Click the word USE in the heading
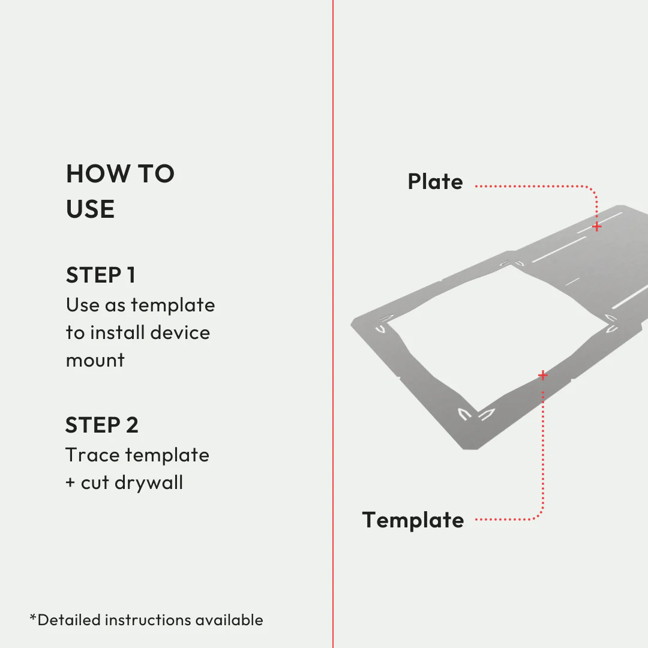(x=91, y=209)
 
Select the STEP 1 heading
(x=101, y=275)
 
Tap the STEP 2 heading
(x=102, y=425)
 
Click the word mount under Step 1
(x=95, y=361)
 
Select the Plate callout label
(x=435, y=182)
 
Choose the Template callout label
(x=413, y=520)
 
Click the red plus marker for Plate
(x=596, y=227)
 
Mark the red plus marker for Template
(x=543, y=376)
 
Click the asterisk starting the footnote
(x=33, y=617)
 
